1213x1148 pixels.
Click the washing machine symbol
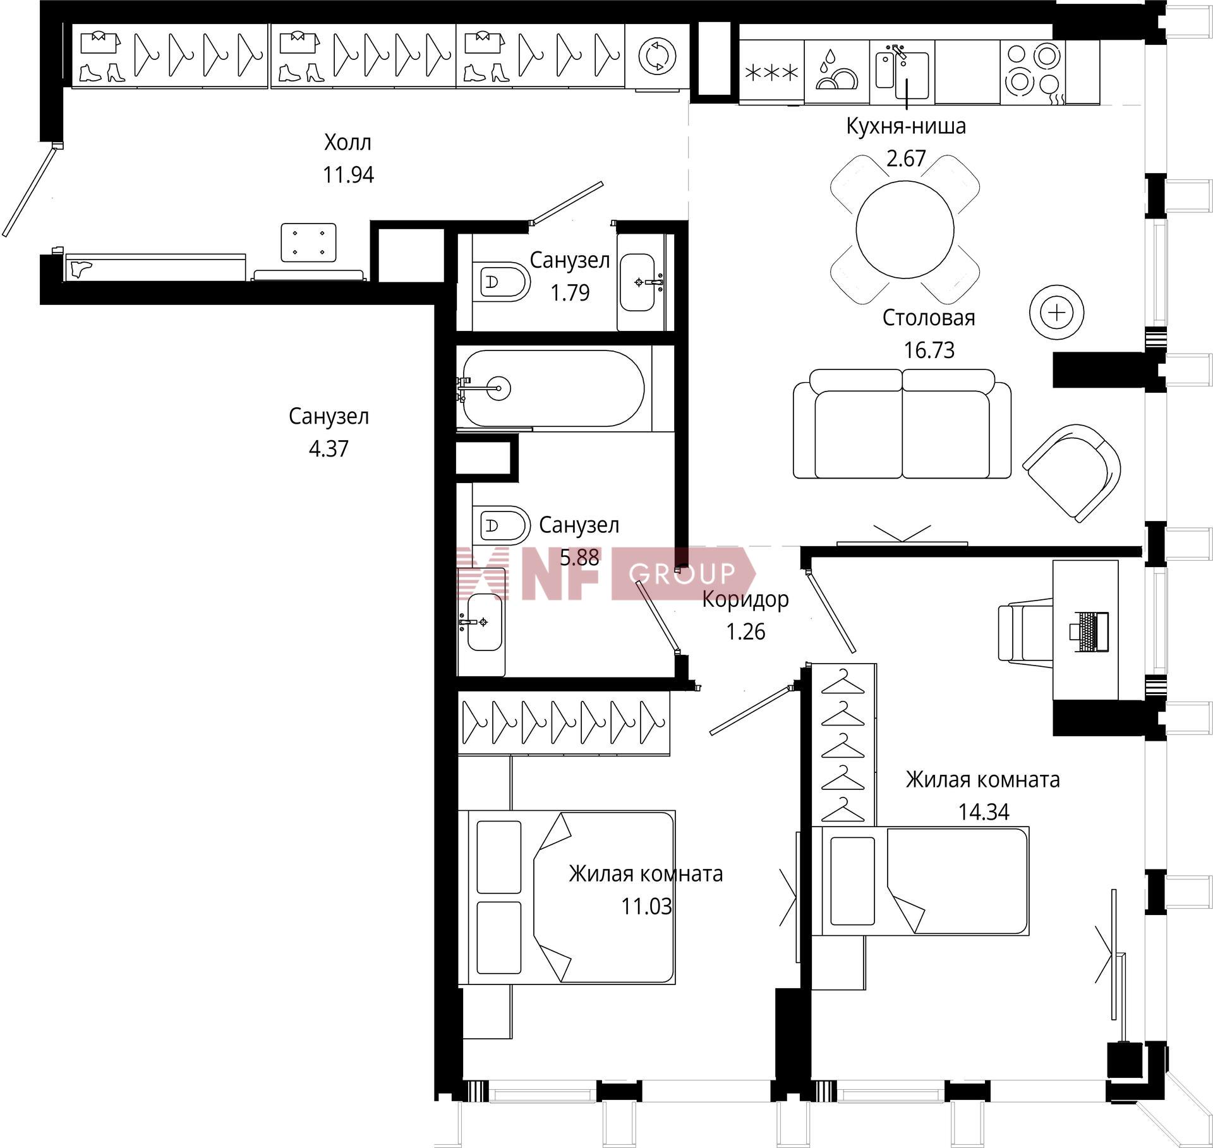(657, 56)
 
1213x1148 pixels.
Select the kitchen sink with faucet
(902, 71)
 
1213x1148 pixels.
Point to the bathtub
(553, 388)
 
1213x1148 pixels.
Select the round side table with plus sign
(1056, 312)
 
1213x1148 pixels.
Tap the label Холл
(347, 142)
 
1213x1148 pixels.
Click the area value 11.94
(348, 174)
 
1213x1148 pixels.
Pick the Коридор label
(745, 599)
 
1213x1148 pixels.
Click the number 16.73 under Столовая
(929, 350)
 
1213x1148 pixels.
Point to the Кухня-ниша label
(906, 126)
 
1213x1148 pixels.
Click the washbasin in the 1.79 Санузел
(638, 282)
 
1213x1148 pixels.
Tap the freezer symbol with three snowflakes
(771, 73)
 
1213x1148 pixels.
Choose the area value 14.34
(984, 811)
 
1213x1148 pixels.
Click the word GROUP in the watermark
(682, 573)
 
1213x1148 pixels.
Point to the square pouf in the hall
(308, 242)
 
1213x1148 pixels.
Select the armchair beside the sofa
(1071, 472)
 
